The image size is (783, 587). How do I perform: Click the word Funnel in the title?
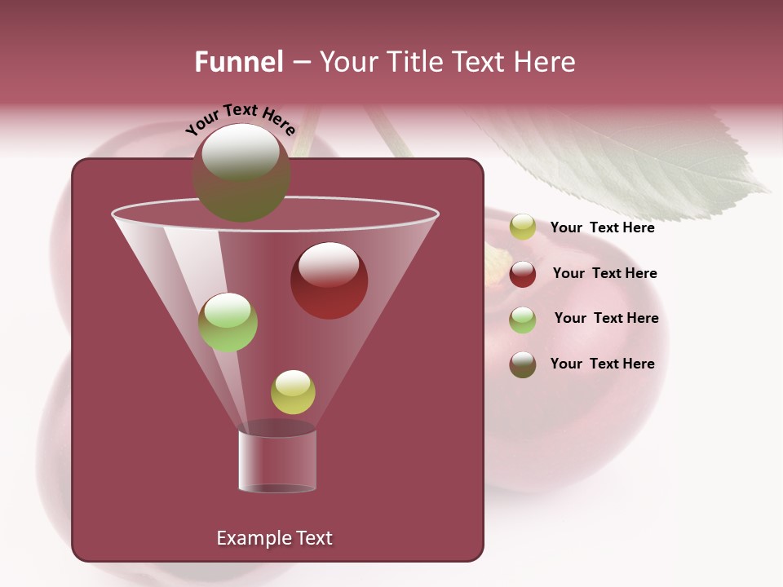[x=238, y=62]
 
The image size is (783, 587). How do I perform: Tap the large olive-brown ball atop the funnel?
[x=241, y=172]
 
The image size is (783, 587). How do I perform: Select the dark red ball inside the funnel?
[x=329, y=280]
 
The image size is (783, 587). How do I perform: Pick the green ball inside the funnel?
[x=228, y=322]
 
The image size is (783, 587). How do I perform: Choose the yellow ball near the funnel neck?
[x=293, y=392]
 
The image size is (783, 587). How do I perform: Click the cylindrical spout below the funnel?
[x=277, y=461]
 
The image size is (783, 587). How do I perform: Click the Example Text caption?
[x=274, y=538]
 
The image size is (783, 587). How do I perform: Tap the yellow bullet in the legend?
[x=522, y=227]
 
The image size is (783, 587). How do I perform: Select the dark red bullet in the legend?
[x=522, y=274]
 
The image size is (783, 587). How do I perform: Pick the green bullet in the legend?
[x=522, y=320]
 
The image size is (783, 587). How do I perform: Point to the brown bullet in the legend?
[x=522, y=364]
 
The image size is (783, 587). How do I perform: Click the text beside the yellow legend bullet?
[x=602, y=227]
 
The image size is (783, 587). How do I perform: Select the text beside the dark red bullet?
[x=604, y=273]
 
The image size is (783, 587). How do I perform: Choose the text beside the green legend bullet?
[x=606, y=318]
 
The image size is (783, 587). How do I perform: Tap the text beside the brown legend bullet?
[x=602, y=364]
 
